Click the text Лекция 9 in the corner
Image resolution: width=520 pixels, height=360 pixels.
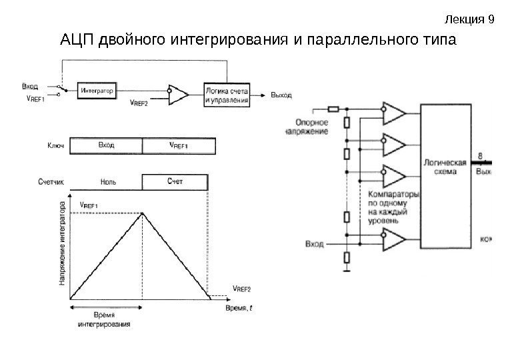tap(485, 19)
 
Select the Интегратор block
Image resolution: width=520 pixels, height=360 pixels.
tap(97, 89)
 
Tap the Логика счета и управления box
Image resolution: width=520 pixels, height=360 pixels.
tap(227, 95)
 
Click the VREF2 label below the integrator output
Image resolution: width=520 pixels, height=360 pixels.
tap(139, 103)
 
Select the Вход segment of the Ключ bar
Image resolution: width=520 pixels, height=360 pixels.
tap(106, 145)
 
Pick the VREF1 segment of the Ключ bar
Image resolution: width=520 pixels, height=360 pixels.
tap(179, 145)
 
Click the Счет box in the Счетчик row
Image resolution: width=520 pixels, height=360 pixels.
tap(175, 181)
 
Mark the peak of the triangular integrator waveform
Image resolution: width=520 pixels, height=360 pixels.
tap(142, 213)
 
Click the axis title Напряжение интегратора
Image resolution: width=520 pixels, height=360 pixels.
tap(63, 245)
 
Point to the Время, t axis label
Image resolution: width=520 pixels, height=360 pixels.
tap(238, 309)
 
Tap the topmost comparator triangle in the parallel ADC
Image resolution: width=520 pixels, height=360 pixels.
tap(393, 113)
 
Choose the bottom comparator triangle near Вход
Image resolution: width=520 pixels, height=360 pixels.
tap(393, 237)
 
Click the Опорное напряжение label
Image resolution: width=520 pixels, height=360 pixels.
tap(311, 127)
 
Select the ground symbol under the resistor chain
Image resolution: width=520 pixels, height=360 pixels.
tap(346, 269)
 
